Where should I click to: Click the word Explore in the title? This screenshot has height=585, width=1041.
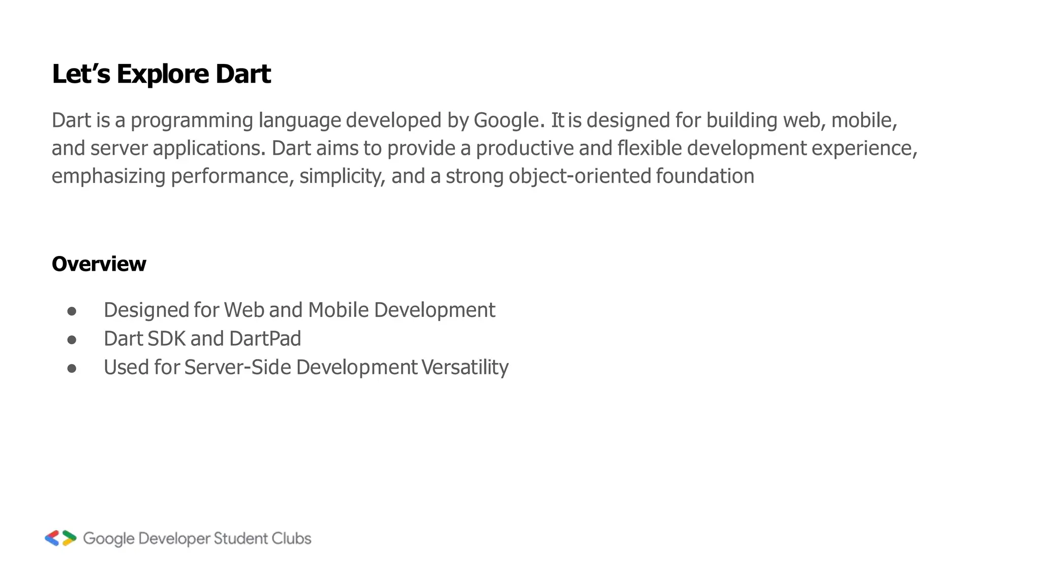click(x=163, y=74)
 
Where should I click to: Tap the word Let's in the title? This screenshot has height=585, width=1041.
click(x=81, y=74)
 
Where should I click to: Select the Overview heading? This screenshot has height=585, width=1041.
click(x=99, y=264)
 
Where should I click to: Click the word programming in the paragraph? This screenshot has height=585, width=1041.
click(x=192, y=121)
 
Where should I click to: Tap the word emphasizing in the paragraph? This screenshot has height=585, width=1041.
click(x=108, y=177)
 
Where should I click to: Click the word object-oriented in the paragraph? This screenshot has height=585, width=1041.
click(x=579, y=176)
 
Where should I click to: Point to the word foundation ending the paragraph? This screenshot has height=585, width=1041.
click(x=705, y=176)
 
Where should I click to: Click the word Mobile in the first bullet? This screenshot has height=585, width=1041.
click(x=338, y=310)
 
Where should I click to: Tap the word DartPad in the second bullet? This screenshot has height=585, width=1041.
click(x=265, y=339)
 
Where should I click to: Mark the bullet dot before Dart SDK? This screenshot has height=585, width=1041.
click(x=72, y=339)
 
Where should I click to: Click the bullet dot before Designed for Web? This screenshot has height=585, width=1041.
click(x=72, y=311)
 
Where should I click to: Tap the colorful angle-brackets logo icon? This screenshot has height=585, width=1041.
click(x=60, y=538)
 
